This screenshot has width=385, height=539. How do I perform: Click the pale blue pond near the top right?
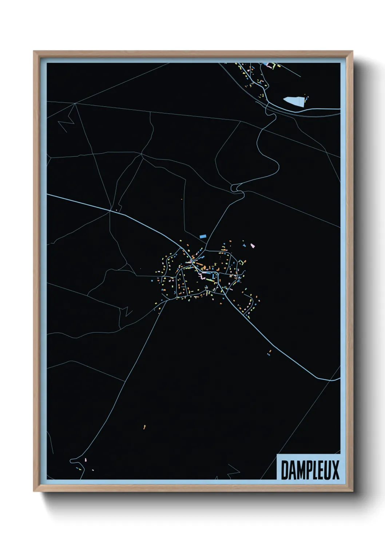point(293,101)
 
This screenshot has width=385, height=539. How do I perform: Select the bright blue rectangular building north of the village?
point(203,236)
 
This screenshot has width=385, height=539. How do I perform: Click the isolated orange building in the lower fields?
point(144,426)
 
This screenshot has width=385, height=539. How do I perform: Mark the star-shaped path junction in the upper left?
point(75,103)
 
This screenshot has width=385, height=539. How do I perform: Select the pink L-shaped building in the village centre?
point(201,276)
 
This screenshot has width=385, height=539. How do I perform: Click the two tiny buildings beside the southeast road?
point(269,352)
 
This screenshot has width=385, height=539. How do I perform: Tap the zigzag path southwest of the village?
point(127,311)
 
